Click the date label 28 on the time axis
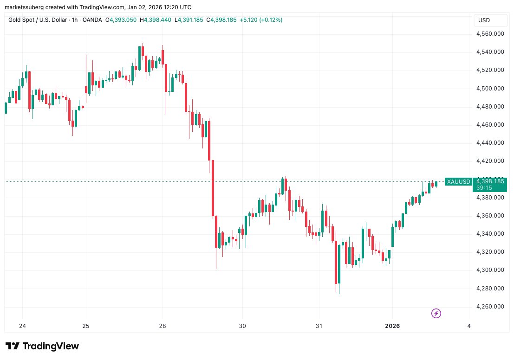pyautogui.click(x=163, y=326)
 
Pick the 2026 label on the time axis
pyautogui.click(x=392, y=326)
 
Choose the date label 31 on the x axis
pyautogui.click(x=319, y=326)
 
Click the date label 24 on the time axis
pyautogui.click(x=23, y=326)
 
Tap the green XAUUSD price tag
pyautogui.click(x=458, y=182)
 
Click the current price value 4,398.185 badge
pyautogui.click(x=489, y=181)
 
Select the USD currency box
pyautogui.click(x=484, y=20)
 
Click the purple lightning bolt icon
pyautogui.click(x=436, y=314)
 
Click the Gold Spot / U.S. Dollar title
pyautogui.click(x=43, y=20)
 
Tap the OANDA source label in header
pyautogui.click(x=93, y=20)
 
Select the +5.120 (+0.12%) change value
pyautogui.click(x=260, y=20)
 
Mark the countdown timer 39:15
pyautogui.click(x=480, y=188)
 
